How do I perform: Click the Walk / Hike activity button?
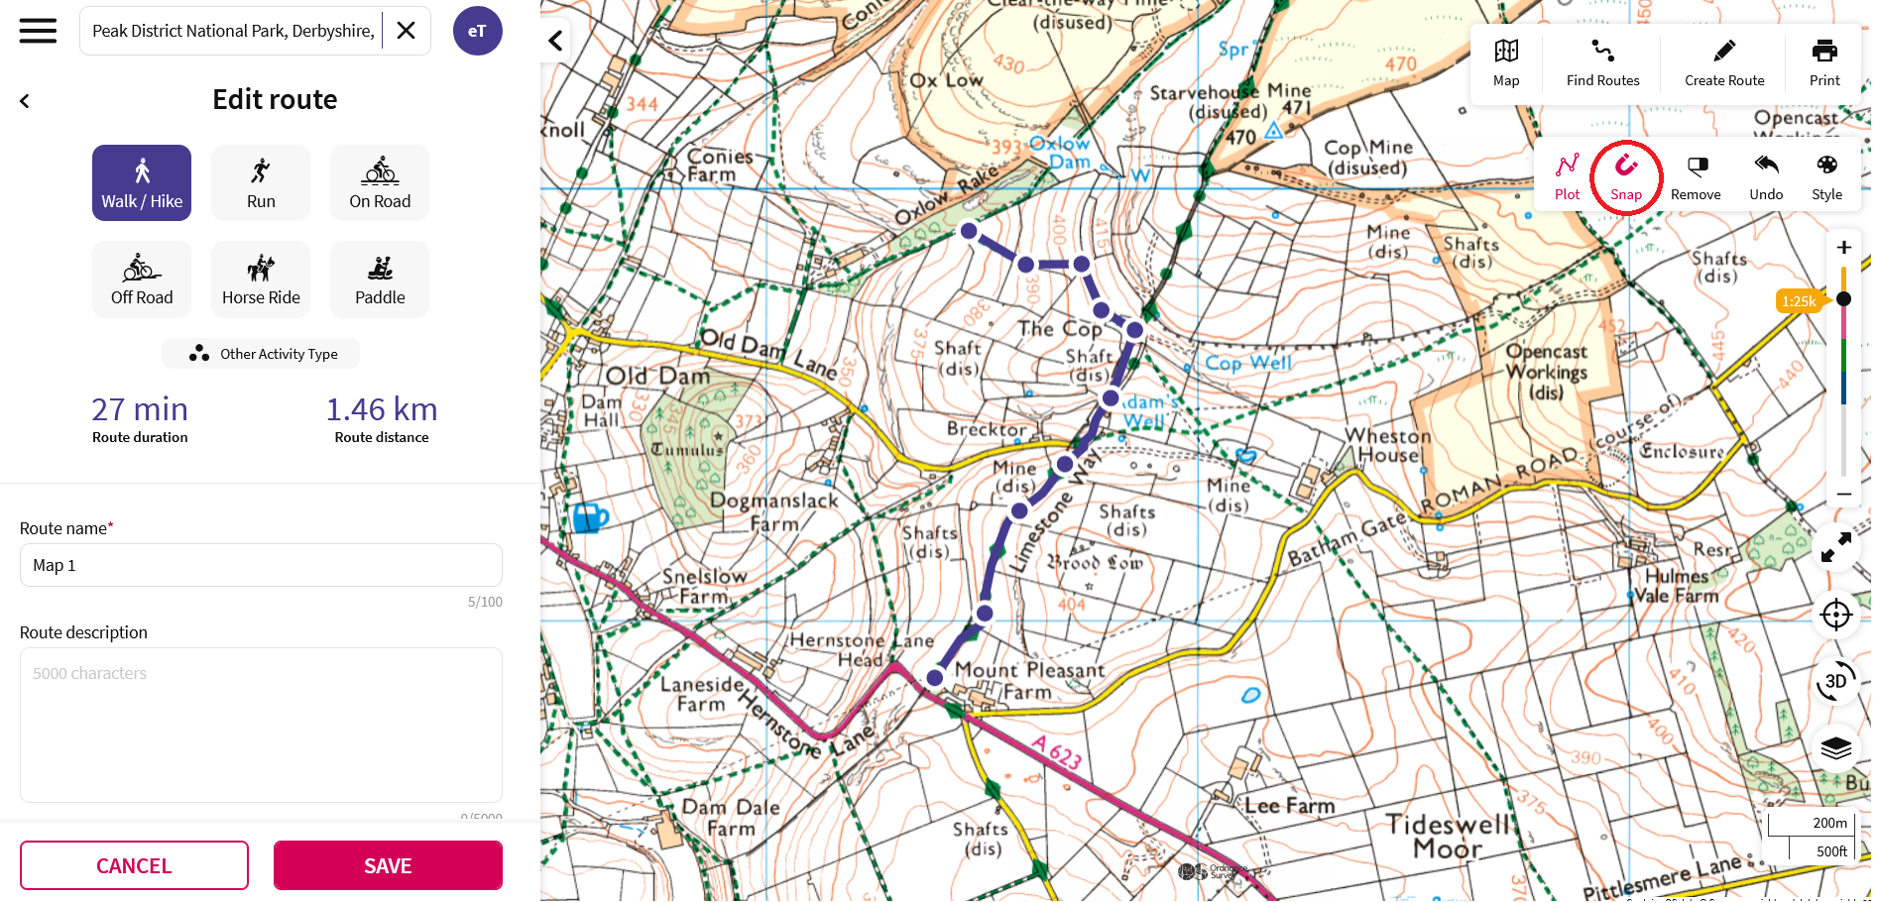(142, 183)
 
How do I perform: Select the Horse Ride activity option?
(261, 280)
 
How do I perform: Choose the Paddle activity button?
(380, 280)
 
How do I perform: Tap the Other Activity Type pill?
(261, 354)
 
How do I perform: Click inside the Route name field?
(261, 565)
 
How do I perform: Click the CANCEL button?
(134, 865)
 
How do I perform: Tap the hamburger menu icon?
(38, 31)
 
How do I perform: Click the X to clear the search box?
(406, 31)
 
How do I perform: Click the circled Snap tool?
(1626, 177)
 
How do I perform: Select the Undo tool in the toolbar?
(1766, 177)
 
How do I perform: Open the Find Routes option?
(1602, 62)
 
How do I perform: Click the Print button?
(1823, 62)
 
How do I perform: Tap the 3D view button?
(1835, 681)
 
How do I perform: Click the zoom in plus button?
(1843, 248)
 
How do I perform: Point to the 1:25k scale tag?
(1798, 301)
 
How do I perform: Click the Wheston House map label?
(1387, 446)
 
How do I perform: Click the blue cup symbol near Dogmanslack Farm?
(590, 517)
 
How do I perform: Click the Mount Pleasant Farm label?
(1028, 681)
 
